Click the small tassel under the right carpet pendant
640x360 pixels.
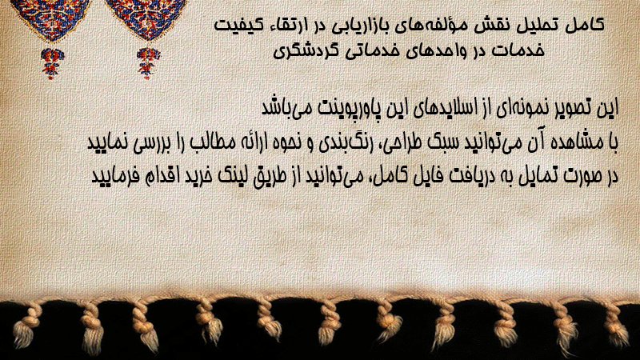pos(148,63)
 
